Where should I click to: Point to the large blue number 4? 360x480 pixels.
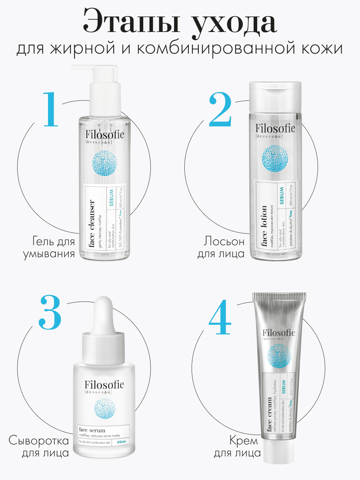(x=220, y=316)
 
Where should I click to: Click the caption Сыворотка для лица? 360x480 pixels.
(x=39, y=447)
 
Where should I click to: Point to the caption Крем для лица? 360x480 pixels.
(x=237, y=447)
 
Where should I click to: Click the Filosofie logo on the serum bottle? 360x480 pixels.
(x=104, y=386)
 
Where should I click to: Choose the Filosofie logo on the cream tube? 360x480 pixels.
(x=279, y=333)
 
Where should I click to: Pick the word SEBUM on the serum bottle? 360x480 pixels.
(x=121, y=442)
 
